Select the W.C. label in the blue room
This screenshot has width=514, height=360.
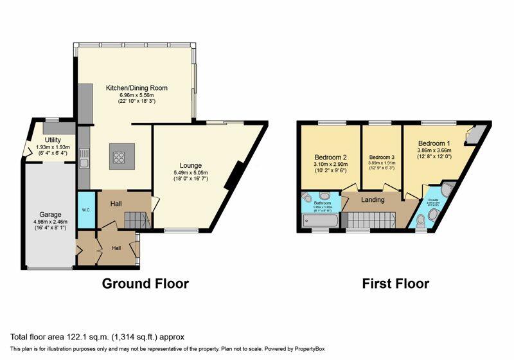86,210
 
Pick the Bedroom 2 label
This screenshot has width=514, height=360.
331,157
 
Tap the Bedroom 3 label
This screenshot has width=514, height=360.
381,157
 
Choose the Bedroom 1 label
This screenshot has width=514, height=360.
434,143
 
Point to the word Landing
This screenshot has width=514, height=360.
372,200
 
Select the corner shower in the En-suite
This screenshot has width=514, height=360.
448,188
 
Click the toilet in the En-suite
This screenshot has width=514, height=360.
421,221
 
